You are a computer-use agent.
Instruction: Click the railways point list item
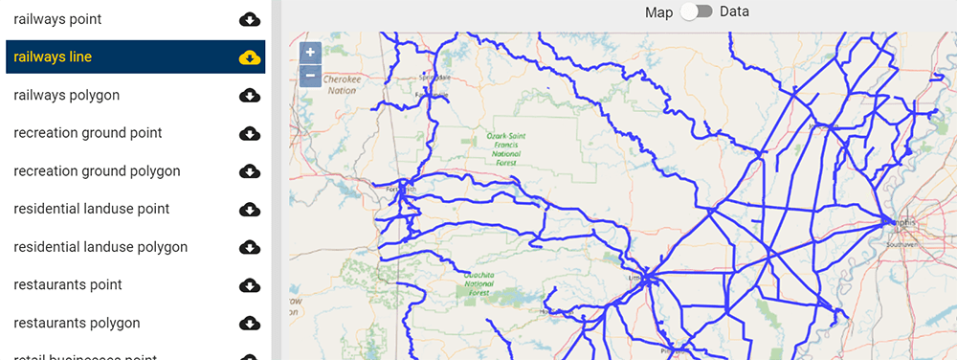click(x=57, y=19)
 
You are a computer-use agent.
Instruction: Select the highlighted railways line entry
click(x=53, y=57)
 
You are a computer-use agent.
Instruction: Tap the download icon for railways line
click(x=249, y=57)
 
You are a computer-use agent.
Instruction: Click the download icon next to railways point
click(x=249, y=19)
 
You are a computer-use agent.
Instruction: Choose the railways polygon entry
click(x=66, y=95)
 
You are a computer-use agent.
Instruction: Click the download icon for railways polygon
click(x=249, y=95)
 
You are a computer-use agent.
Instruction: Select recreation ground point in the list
click(x=88, y=133)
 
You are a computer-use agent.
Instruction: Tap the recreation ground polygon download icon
click(x=249, y=171)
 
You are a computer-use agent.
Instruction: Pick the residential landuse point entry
click(x=91, y=209)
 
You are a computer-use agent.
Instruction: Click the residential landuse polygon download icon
click(x=249, y=247)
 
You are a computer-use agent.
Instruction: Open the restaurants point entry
click(x=68, y=285)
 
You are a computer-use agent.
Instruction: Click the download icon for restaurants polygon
click(x=249, y=323)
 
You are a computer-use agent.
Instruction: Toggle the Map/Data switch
click(x=696, y=12)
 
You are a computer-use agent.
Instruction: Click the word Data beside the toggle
click(x=734, y=12)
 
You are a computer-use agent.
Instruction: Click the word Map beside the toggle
click(x=658, y=12)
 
